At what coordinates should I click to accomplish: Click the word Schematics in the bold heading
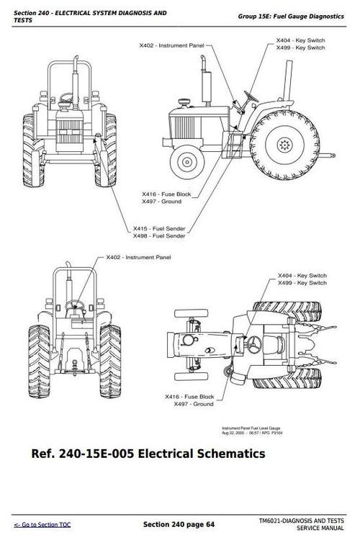coord(232,454)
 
